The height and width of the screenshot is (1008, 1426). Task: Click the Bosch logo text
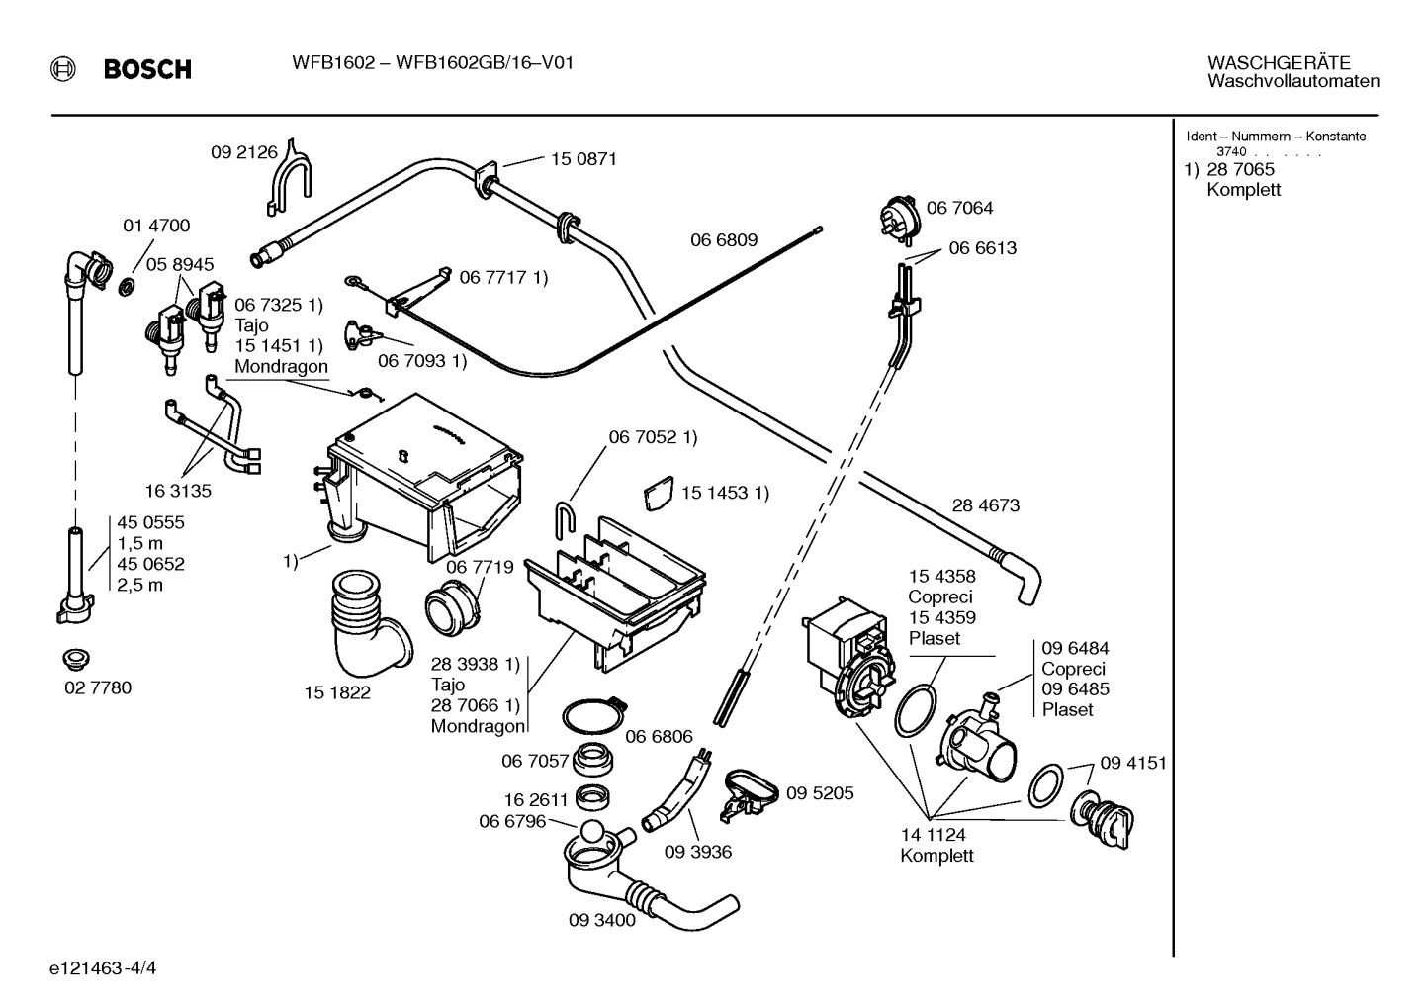[x=147, y=69]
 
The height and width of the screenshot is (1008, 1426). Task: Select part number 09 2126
[x=244, y=152]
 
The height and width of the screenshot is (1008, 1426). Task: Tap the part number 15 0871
[x=583, y=159]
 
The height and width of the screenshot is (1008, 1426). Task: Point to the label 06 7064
[x=959, y=208]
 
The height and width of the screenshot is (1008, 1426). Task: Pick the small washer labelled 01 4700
[x=128, y=287]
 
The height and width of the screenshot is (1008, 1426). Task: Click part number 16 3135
[x=178, y=491]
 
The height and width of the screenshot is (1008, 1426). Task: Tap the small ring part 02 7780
[x=76, y=660]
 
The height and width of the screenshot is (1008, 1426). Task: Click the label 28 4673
[x=986, y=505]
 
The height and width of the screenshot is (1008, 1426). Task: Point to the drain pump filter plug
[x=1101, y=819]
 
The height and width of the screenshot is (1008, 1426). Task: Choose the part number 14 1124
[x=933, y=834]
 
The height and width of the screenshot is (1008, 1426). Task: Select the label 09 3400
[x=601, y=920]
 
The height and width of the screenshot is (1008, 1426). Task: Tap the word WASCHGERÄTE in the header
[x=1279, y=63]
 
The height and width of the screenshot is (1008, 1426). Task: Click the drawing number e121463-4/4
[x=103, y=968]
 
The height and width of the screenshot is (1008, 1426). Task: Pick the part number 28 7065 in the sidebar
[x=1241, y=169]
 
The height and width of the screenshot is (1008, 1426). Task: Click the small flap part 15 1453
[x=659, y=493]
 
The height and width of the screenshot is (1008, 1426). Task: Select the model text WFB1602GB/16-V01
[x=485, y=63]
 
